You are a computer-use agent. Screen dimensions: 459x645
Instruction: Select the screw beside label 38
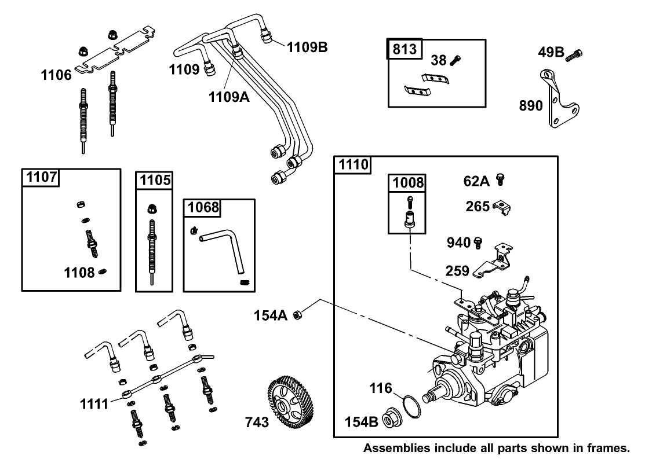(456, 58)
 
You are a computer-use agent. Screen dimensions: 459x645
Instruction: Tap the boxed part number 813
(405, 49)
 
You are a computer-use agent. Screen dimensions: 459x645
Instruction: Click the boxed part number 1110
(354, 165)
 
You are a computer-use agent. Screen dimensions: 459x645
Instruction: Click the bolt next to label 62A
(501, 181)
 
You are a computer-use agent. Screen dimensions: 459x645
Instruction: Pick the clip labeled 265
(502, 206)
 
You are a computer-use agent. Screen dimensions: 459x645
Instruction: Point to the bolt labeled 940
(478, 243)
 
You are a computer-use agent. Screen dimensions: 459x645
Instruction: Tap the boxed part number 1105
(155, 180)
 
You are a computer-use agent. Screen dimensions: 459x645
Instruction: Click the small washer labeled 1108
(103, 272)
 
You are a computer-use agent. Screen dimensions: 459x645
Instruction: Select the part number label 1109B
(307, 47)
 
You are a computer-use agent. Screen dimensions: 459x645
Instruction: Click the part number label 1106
(56, 75)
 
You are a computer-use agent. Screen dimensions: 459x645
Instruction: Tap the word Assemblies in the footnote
(395, 448)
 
